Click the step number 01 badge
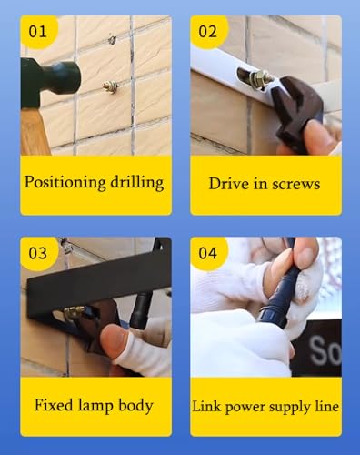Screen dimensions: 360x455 click(x=38, y=32)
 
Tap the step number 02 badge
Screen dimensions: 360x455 click(x=208, y=32)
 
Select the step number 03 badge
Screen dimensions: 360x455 click(x=38, y=253)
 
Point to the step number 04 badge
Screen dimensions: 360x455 click(x=208, y=253)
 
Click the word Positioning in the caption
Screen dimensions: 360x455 click(x=65, y=183)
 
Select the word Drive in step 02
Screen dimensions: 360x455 click(x=228, y=183)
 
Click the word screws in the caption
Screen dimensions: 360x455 click(x=296, y=184)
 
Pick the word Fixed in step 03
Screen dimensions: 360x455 click(x=54, y=405)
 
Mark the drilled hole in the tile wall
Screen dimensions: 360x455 click(x=112, y=40)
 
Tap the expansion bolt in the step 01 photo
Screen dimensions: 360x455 click(x=110, y=87)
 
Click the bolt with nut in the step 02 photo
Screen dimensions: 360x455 click(x=258, y=78)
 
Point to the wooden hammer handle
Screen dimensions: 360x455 click(x=34, y=129)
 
